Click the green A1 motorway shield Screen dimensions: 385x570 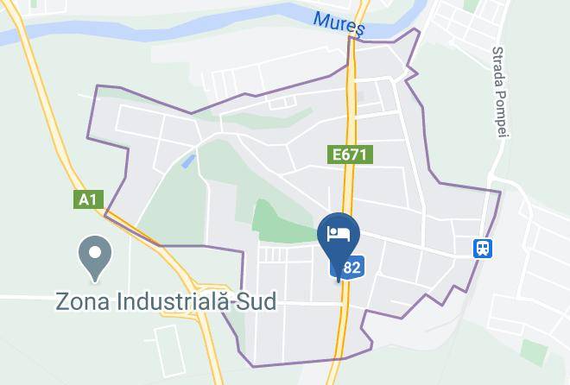click(88, 199)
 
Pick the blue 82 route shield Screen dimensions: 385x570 click(350, 268)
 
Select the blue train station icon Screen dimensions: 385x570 click(482, 249)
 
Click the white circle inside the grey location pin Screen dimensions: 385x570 click(95, 254)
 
